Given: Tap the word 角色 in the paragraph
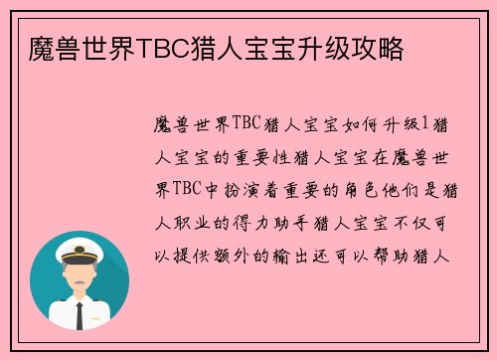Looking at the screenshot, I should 367,190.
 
